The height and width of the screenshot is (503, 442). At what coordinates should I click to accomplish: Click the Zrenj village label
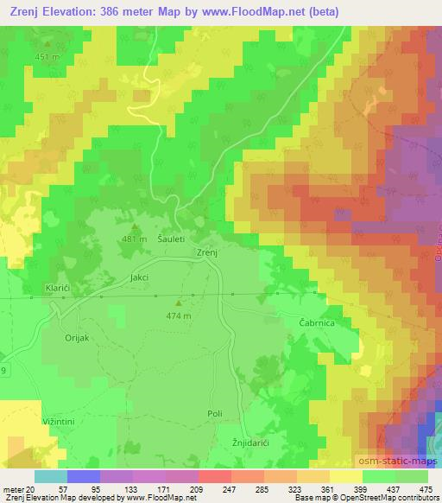pos(205,252)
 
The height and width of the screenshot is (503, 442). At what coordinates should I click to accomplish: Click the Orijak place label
pos(78,340)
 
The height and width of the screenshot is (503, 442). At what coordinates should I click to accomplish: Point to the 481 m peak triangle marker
pos(133,226)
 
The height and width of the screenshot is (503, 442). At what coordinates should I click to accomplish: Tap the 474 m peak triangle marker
pos(180,303)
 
